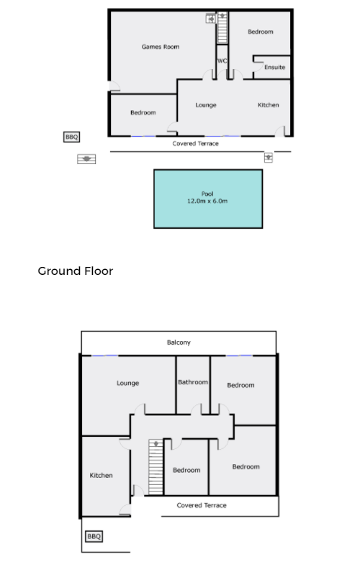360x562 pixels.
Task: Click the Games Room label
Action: click(x=161, y=47)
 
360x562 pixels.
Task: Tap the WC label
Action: click(x=222, y=60)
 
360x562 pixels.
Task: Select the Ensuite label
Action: click(x=274, y=67)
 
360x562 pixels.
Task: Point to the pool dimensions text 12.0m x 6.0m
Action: click(x=207, y=201)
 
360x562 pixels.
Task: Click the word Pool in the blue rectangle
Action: click(x=207, y=194)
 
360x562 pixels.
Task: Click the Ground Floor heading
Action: click(x=76, y=271)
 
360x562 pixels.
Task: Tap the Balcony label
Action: click(x=179, y=343)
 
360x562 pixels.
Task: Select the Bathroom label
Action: click(x=193, y=382)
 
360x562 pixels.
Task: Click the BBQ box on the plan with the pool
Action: click(x=71, y=137)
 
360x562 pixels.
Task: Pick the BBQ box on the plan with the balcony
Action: click(x=94, y=536)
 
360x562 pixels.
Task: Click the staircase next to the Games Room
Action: click(x=222, y=27)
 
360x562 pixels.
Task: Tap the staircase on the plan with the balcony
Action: click(x=156, y=468)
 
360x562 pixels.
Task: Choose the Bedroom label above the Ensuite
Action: click(x=261, y=32)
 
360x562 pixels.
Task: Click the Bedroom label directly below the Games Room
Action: click(x=143, y=112)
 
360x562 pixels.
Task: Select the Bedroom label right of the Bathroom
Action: click(x=240, y=385)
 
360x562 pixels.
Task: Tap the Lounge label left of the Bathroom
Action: click(x=127, y=383)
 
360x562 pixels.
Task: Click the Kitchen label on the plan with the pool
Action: click(x=269, y=105)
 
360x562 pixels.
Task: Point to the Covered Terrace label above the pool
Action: click(x=195, y=144)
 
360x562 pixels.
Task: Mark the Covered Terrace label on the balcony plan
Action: click(x=202, y=505)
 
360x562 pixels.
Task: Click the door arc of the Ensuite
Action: click(x=257, y=65)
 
